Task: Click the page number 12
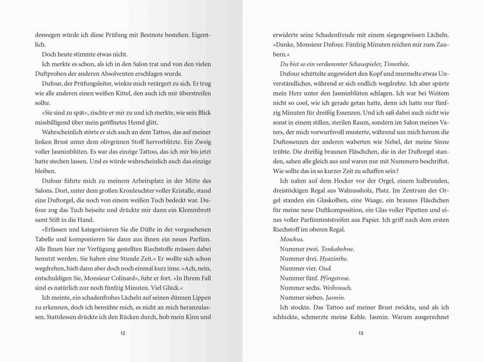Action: [x=123, y=333]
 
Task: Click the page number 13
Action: [x=361, y=333]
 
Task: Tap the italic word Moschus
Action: [x=292, y=239]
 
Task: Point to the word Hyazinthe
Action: [x=334, y=258]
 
